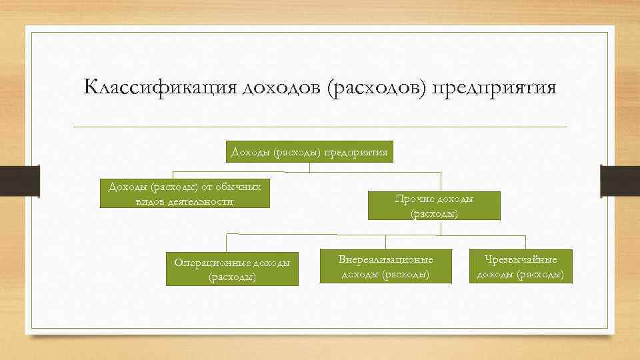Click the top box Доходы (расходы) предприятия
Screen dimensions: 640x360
[309, 152]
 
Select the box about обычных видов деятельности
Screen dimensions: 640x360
[185, 193]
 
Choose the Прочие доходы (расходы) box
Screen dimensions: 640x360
[434, 206]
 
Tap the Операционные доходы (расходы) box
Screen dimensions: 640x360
[232, 269]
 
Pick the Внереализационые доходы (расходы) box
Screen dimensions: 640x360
[385, 266]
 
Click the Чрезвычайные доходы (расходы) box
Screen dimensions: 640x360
[521, 266]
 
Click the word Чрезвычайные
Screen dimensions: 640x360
[521, 259]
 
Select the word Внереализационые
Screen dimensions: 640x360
[385, 259]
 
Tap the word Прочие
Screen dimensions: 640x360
[413, 199]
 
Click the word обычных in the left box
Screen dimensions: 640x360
[237, 185]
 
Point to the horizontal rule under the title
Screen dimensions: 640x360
[320, 127]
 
